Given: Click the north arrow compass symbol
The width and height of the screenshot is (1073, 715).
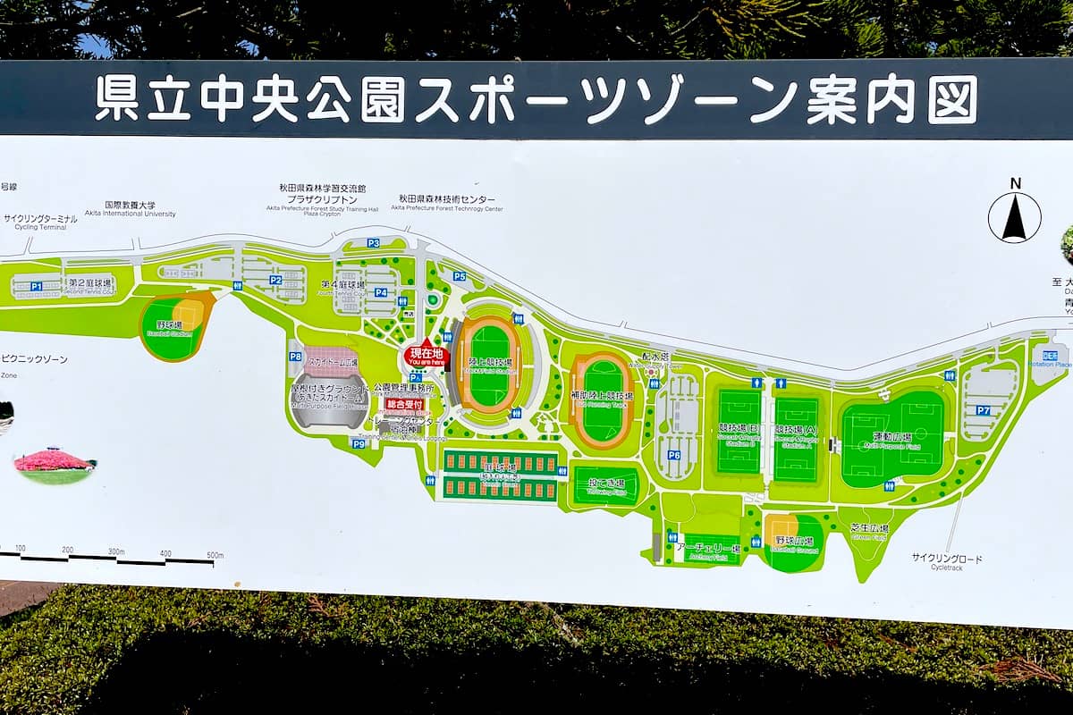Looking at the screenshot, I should pos(1014,217).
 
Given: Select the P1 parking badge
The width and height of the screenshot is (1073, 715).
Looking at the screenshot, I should pos(37,287).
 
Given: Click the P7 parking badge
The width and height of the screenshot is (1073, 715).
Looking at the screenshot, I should pos(983,410).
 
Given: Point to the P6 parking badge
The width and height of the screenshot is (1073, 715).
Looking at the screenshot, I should pos(674,455).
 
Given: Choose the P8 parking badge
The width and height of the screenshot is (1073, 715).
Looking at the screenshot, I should pos(295,357).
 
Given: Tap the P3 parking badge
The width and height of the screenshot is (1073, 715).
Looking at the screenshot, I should pos(373,243).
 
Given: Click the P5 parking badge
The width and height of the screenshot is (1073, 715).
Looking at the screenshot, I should pos(459,276).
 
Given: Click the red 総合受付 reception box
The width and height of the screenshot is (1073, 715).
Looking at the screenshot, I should pos(404,404).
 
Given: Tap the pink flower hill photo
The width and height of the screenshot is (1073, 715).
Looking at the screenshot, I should pos(55,464).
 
